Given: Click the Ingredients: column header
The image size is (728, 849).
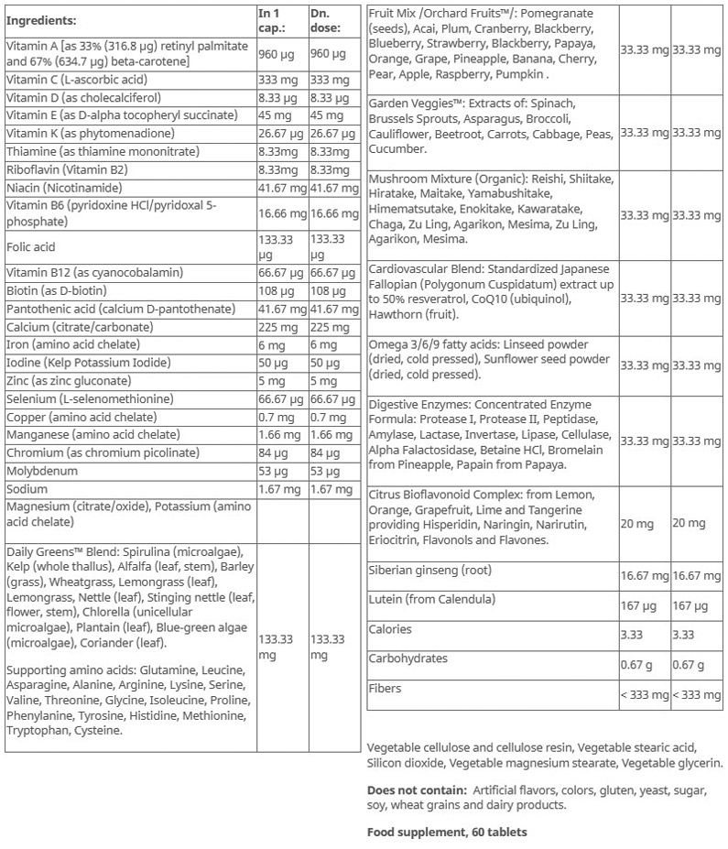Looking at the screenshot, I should click(x=41, y=19).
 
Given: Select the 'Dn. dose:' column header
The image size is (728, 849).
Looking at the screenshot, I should click(x=326, y=19).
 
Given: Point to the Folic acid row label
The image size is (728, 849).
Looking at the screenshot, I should click(x=31, y=246).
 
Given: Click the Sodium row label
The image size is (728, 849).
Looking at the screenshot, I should click(x=27, y=489).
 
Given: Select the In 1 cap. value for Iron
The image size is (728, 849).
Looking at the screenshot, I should click(x=273, y=345).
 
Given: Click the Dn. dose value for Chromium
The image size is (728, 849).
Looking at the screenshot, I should click(x=325, y=452).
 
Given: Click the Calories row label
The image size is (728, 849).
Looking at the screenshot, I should click(x=390, y=629).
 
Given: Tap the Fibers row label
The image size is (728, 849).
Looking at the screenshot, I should click(x=386, y=688).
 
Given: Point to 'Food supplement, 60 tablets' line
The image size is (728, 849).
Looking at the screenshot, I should click(x=447, y=833).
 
